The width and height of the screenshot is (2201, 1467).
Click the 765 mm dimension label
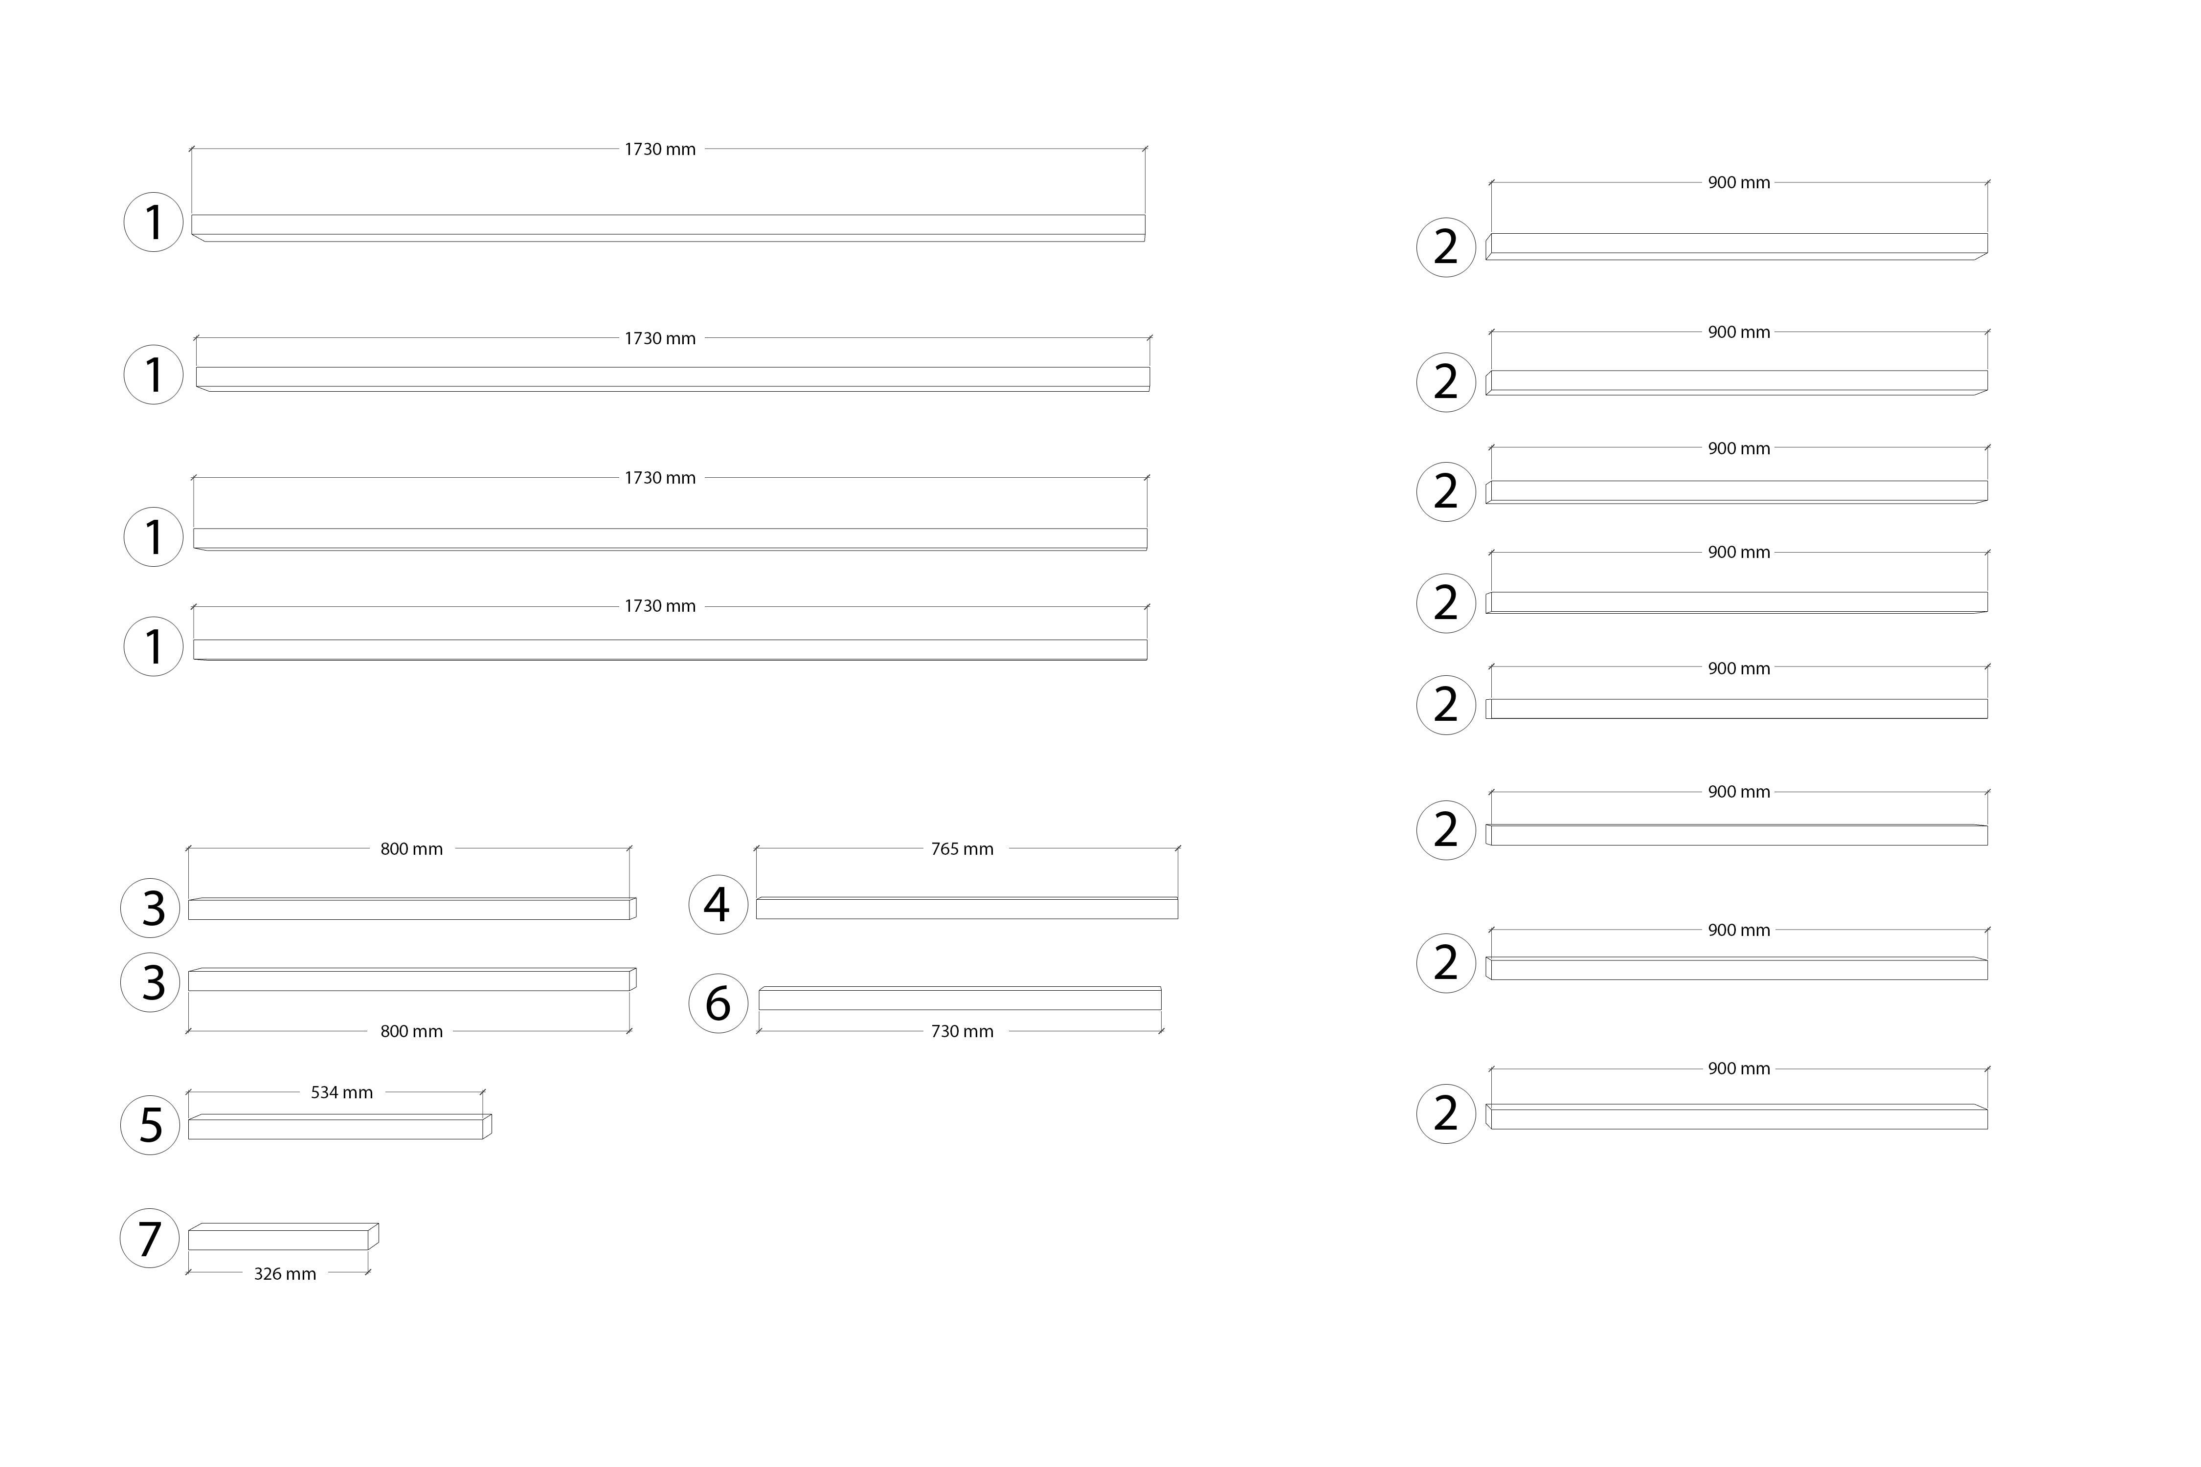click(962, 848)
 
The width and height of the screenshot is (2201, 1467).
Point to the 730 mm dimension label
click(962, 1031)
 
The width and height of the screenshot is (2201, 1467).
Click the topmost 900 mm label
click(1739, 182)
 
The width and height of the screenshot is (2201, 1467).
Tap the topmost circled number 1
click(154, 222)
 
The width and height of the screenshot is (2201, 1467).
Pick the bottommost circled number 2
click(1446, 1113)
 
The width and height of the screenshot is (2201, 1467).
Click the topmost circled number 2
click(1446, 247)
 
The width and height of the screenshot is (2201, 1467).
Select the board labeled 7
click(284, 1236)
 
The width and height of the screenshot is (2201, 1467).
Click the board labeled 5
click(340, 1127)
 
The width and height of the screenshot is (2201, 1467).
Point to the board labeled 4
click(966, 908)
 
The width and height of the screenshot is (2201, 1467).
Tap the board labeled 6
click(960, 998)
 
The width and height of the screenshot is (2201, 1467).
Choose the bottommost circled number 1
click(154, 645)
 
